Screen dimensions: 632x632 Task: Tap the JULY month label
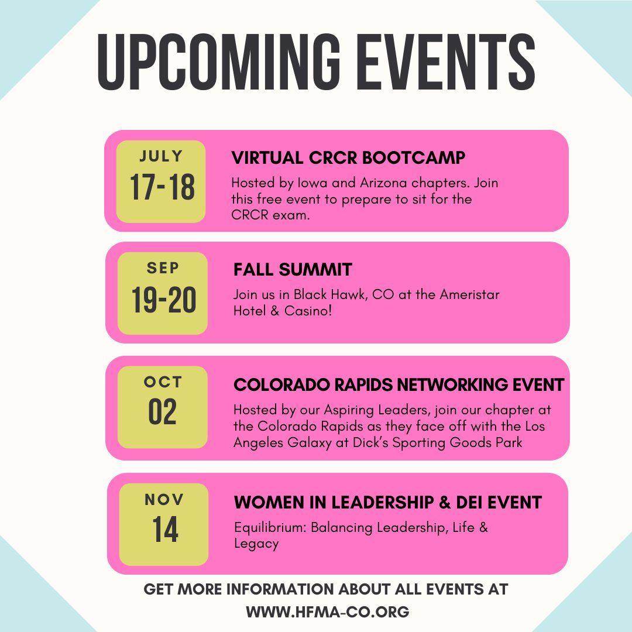161,157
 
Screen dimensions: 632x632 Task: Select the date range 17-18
162,187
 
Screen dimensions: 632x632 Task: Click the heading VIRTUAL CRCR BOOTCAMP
349,158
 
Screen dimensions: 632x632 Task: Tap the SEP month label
163,268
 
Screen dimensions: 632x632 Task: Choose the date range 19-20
164,301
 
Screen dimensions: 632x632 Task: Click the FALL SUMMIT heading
293,270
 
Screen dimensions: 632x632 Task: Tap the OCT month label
163,382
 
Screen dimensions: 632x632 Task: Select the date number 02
162,413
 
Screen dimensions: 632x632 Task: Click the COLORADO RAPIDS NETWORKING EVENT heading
399,385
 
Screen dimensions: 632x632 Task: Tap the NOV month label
164,500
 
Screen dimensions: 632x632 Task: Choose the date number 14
166,530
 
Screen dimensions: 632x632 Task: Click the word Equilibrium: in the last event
270,527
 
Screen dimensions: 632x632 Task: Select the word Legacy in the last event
256,544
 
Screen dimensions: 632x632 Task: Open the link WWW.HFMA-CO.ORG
327,612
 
